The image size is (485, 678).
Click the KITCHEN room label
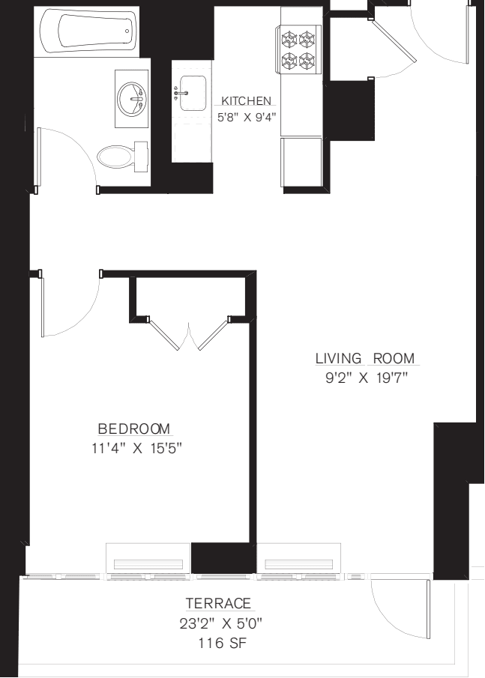pyautogui.click(x=246, y=100)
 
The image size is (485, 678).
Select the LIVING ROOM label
pyautogui.click(x=365, y=359)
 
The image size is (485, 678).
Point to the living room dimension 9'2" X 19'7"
pyautogui.click(x=365, y=378)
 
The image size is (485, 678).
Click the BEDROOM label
pyautogui.click(x=135, y=429)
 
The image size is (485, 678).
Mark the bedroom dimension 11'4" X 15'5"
pyautogui.click(x=135, y=449)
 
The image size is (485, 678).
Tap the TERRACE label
pyautogui.click(x=219, y=604)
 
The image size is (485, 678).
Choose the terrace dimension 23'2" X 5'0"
pyautogui.click(x=219, y=623)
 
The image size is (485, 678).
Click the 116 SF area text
pyautogui.click(x=219, y=643)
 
